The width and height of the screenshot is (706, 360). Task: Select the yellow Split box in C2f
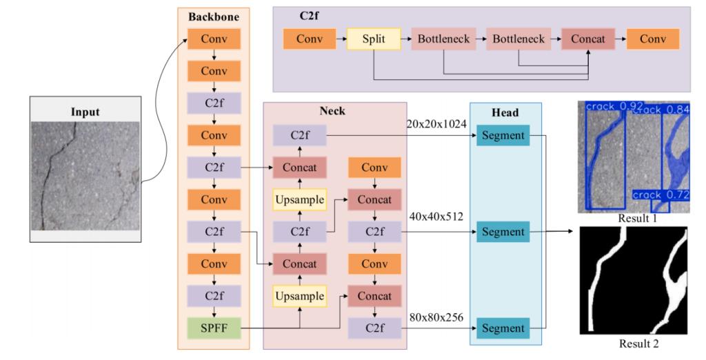point(373,39)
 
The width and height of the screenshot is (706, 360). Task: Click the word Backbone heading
point(213,15)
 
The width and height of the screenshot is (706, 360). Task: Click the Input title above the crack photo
point(85,111)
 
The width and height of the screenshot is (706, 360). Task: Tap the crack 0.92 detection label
point(614,106)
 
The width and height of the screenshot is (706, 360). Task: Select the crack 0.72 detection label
point(660,195)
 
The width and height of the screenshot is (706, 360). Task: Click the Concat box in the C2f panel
point(587,39)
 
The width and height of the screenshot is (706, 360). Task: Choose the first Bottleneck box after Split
point(443,39)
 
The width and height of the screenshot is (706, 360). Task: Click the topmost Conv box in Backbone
point(213,39)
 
